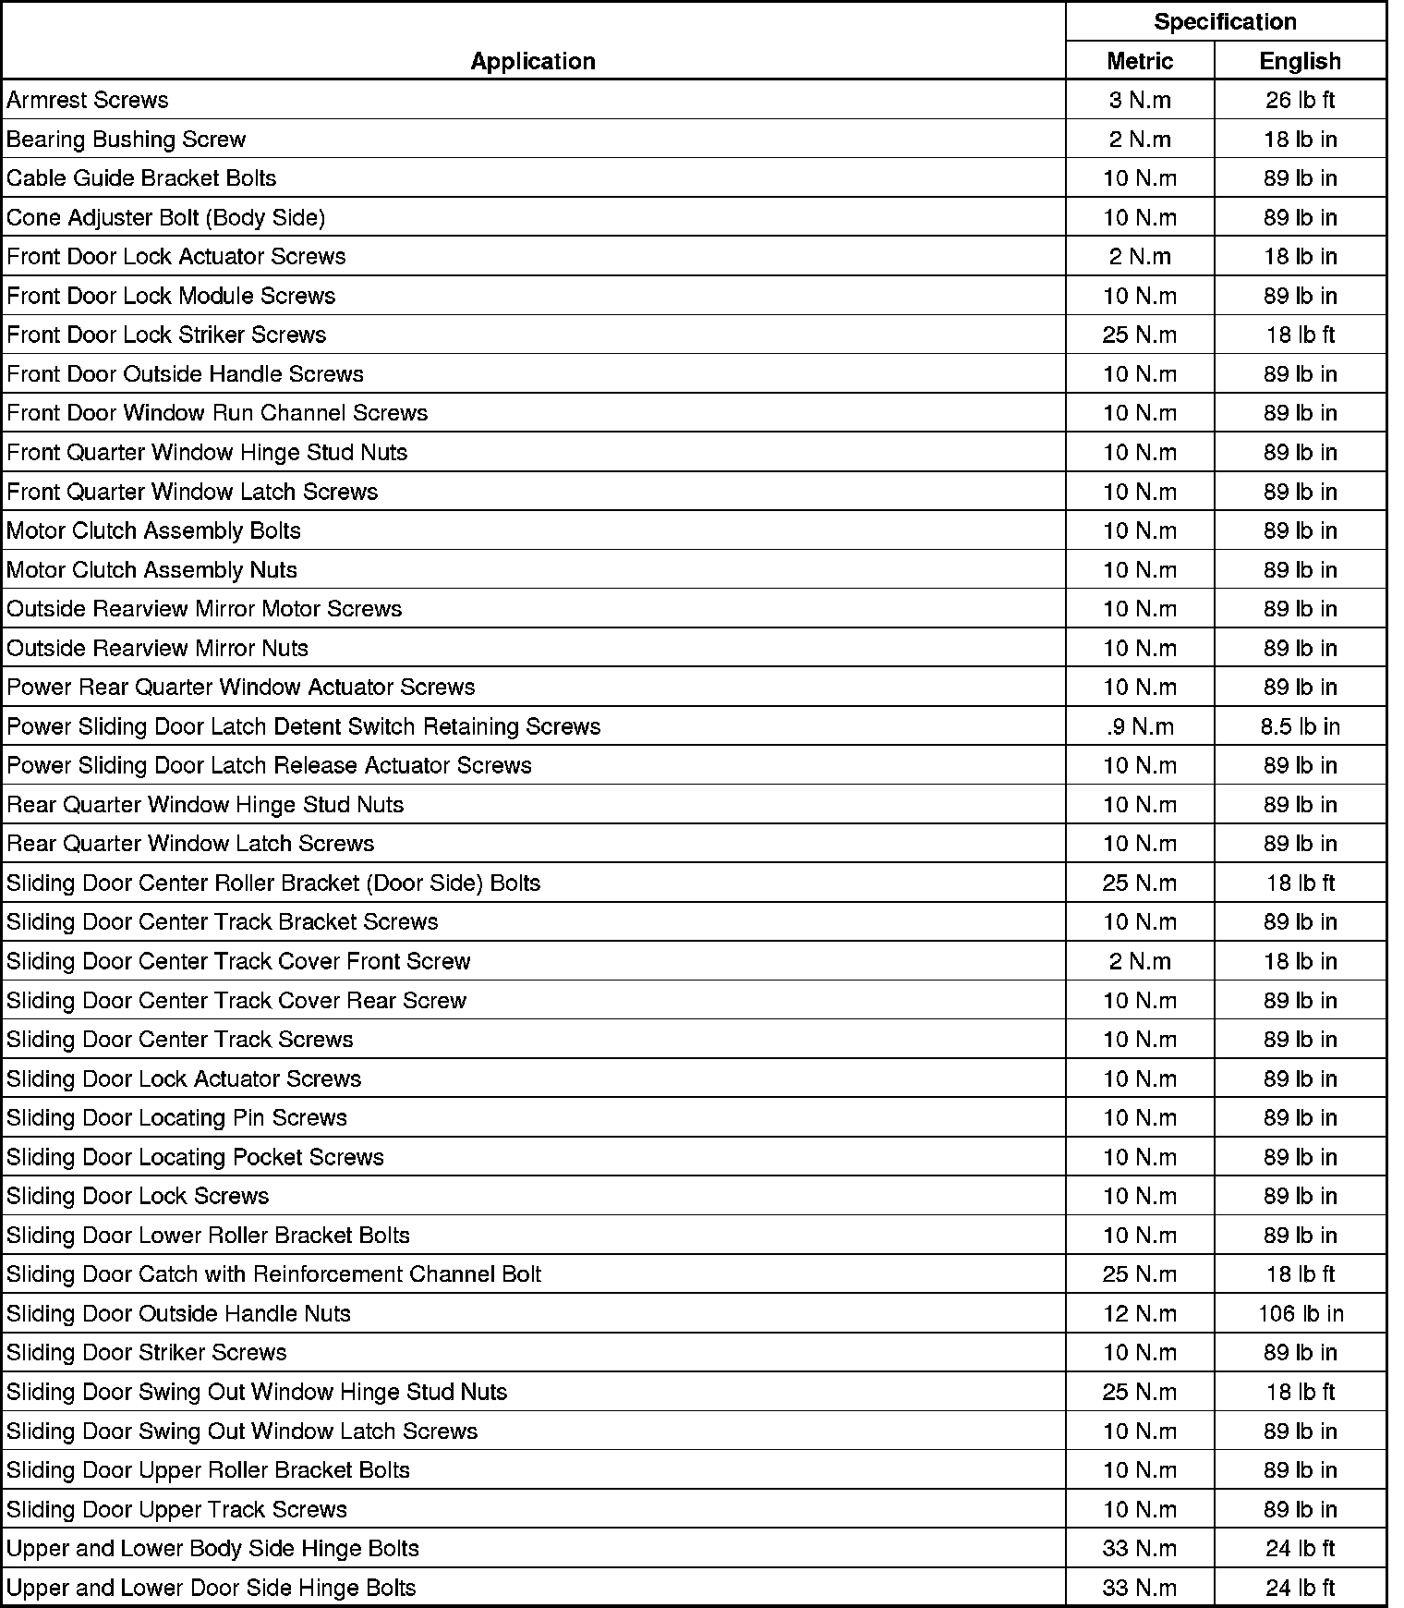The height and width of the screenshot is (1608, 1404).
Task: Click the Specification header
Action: (1225, 21)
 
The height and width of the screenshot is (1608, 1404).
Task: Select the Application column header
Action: (533, 61)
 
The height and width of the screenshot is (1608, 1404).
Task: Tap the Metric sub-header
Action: (1140, 61)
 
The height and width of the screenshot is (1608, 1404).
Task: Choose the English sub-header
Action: (1300, 61)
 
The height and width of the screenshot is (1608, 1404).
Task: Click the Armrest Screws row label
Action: (88, 100)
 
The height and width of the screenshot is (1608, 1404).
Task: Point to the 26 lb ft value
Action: (1300, 100)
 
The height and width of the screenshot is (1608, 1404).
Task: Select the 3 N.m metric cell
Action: (1140, 100)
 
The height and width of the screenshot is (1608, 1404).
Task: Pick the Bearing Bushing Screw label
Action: (127, 140)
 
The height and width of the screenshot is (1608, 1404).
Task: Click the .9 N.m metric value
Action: (1140, 726)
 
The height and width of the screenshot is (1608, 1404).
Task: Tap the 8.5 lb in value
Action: (1300, 726)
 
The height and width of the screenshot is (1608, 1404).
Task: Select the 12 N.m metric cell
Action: (1140, 1313)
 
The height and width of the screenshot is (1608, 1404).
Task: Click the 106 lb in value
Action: (1300, 1313)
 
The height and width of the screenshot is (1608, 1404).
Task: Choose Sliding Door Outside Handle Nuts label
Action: (179, 1313)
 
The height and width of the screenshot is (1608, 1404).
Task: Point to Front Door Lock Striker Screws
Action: (166, 335)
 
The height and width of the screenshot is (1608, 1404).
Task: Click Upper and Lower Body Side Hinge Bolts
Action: (212, 1548)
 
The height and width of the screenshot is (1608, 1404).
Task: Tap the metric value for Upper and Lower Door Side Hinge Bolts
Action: (1140, 1588)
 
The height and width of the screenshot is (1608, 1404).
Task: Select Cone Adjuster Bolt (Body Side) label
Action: (166, 217)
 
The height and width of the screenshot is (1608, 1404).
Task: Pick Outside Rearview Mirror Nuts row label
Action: (157, 648)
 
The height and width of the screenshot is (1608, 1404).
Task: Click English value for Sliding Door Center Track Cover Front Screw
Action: (1300, 961)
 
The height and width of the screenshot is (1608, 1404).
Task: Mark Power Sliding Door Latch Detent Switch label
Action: (303, 726)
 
